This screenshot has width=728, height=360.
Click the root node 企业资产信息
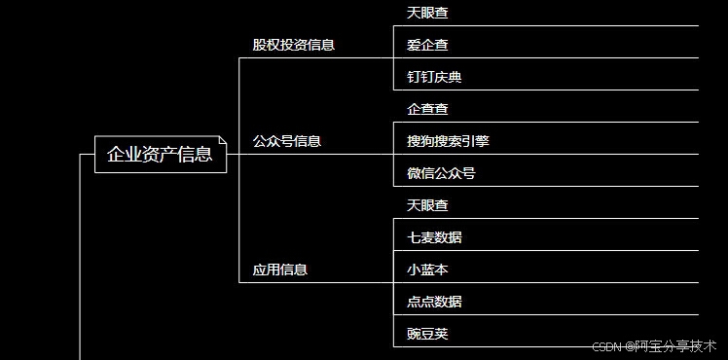click(160, 155)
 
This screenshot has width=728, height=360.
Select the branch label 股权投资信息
click(293, 45)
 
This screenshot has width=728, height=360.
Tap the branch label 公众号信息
click(286, 141)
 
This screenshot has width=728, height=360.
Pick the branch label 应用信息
click(279, 270)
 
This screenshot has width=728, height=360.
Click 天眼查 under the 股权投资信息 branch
click(427, 13)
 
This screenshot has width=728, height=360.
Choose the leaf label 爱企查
click(427, 45)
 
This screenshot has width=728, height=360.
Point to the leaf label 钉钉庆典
click(434, 77)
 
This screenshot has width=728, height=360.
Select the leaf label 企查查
click(427, 109)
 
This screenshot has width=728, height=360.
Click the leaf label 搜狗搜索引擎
click(448, 141)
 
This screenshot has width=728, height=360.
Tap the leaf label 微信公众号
click(441, 173)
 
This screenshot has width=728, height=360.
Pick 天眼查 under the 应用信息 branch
click(427, 205)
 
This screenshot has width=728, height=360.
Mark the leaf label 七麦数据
click(434, 237)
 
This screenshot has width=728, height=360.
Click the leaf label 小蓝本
click(427, 270)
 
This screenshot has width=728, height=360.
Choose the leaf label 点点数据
click(434, 302)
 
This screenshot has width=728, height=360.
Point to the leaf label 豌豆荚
click(427, 334)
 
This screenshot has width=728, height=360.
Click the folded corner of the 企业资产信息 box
click(223, 140)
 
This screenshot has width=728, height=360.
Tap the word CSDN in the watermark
click(606, 346)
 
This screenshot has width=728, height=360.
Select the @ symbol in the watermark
click(629, 346)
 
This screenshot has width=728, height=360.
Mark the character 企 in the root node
click(116, 155)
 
